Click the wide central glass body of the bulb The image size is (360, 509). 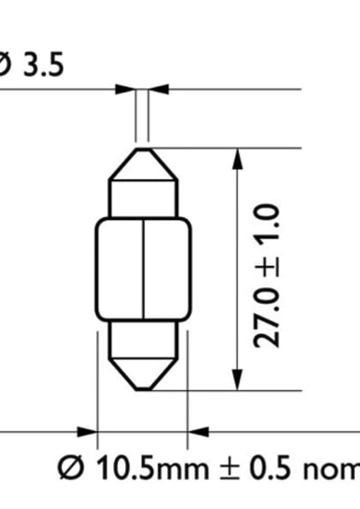pos(142,269)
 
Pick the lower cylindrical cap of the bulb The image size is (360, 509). pos(142,342)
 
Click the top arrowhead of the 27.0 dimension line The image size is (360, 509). pos(234,158)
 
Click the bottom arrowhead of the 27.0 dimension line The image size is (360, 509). pos(234,380)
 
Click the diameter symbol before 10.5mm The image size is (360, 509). pos(70,470)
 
